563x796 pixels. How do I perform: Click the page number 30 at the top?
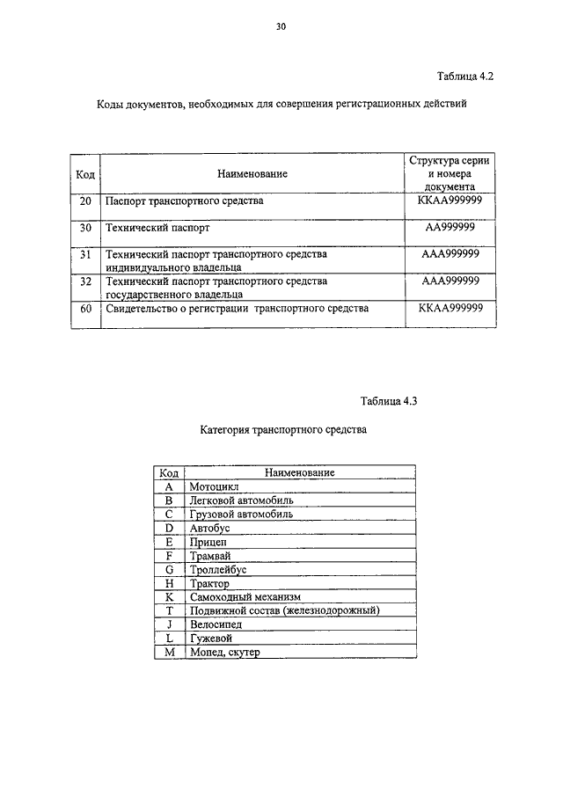point(281,27)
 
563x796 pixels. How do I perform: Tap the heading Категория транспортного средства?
point(281,431)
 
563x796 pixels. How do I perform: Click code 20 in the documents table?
point(85,201)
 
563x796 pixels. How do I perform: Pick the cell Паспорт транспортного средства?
point(184,201)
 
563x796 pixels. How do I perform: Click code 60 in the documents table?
point(85,309)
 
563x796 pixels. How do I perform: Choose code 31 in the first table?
point(85,253)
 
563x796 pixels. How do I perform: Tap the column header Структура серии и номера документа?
point(450,173)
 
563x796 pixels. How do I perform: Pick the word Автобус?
point(209,528)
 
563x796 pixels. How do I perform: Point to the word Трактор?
point(208,583)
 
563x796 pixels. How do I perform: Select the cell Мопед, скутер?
point(224,653)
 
